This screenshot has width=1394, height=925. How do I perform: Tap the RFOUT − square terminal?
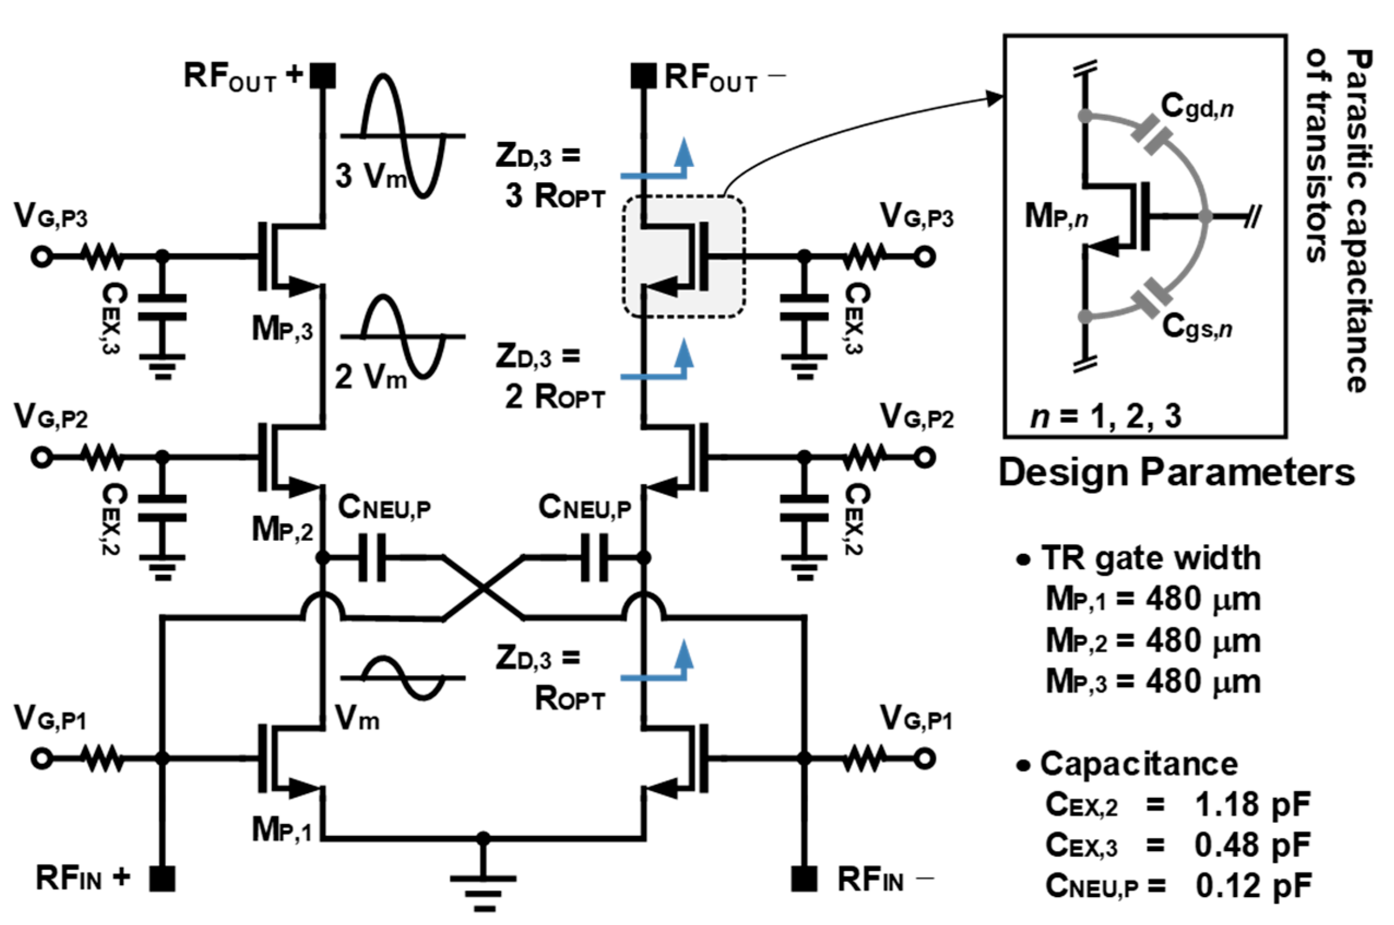pyautogui.click(x=643, y=75)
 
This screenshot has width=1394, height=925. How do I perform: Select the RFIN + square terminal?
pyautogui.click(x=162, y=879)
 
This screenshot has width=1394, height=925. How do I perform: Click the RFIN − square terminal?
pyautogui.click(x=804, y=879)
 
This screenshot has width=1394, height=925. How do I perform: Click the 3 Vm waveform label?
pyautogui.click(x=371, y=176)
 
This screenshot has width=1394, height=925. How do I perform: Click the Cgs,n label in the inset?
pyautogui.click(x=1196, y=326)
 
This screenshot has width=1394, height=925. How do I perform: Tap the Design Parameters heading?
pyautogui.click(x=1176, y=473)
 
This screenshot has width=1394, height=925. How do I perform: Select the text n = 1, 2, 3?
pyautogui.click(x=1105, y=416)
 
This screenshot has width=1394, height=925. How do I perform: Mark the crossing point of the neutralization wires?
pyautogui.click(x=483, y=588)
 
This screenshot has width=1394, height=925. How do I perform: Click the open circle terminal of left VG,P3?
pyautogui.click(x=41, y=256)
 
